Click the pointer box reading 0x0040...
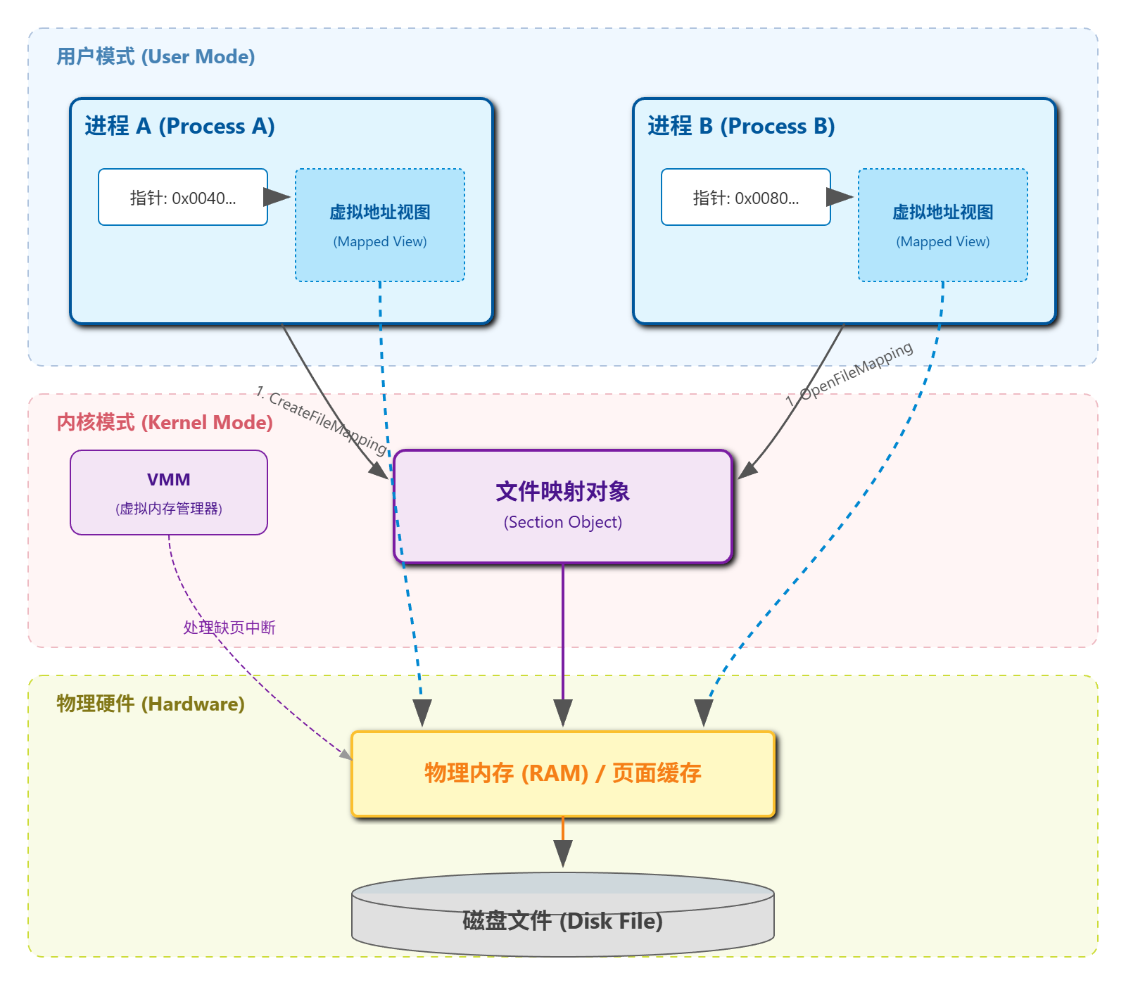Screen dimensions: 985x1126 point(183,197)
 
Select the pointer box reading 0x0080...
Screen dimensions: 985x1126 point(746,197)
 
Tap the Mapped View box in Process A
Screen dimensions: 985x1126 point(380,225)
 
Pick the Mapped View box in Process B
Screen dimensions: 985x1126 point(943,225)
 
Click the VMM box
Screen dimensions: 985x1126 point(169,493)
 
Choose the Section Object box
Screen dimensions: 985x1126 point(563,507)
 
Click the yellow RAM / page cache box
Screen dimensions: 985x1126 point(563,774)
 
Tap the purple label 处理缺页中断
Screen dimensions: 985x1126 point(229,627)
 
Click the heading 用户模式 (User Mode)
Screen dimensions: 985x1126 point(156,57)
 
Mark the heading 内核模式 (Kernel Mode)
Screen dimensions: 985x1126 point(165,422)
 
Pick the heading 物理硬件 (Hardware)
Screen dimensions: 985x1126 point(151,704)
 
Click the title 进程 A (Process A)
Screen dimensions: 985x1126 point(179,126)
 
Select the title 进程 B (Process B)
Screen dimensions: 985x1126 point(741,126)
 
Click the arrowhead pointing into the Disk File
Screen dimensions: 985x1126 point(563,853)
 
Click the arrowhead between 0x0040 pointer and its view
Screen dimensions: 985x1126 point(277,197)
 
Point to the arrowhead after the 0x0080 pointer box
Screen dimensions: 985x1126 point(840,197)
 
